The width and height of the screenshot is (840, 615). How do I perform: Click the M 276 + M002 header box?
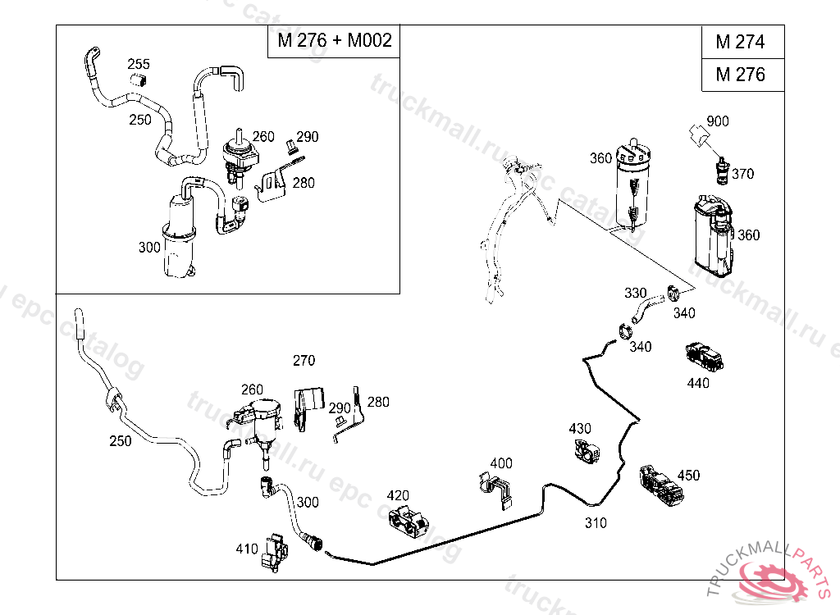(x=334, y=41)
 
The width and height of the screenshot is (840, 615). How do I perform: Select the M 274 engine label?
(x=740, y=42)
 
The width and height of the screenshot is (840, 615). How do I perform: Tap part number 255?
(x=138, y=64)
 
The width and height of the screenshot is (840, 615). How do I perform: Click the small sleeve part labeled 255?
(x=139, y=80)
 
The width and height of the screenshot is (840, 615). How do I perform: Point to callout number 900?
(x=718, y=121)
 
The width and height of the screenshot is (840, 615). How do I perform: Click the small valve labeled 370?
(x=722, y=171)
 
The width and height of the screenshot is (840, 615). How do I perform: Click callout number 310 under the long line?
(x=596, y=522)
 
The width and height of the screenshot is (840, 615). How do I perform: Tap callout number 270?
(x=304, y=360)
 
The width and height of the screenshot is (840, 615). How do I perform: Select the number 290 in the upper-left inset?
(x=308, y=137)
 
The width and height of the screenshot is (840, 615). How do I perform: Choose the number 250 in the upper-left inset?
(x=140, y=120)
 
